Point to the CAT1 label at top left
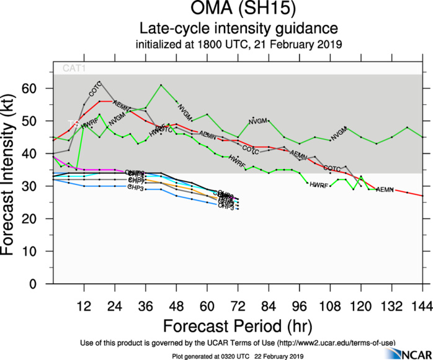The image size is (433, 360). (x=73, y=68)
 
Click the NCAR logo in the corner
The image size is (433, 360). (x=406, y=353)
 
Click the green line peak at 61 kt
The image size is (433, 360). (x=161, y=85)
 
